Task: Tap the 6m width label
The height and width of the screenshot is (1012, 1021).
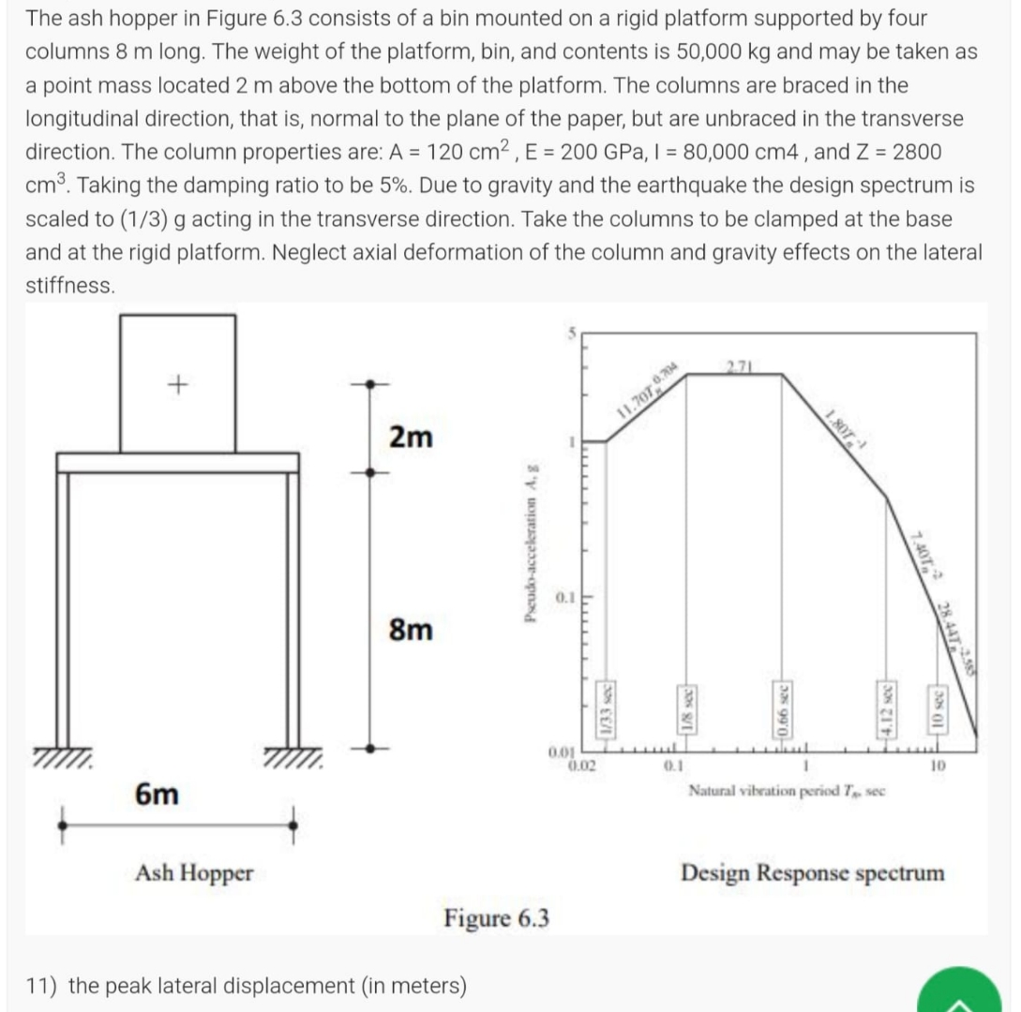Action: pos(157,794)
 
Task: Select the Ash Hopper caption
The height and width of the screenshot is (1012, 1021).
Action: pos(194,873)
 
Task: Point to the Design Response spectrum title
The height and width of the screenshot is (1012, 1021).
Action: pos(813,873)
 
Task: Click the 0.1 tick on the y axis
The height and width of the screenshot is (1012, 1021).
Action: pos(563,596)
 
